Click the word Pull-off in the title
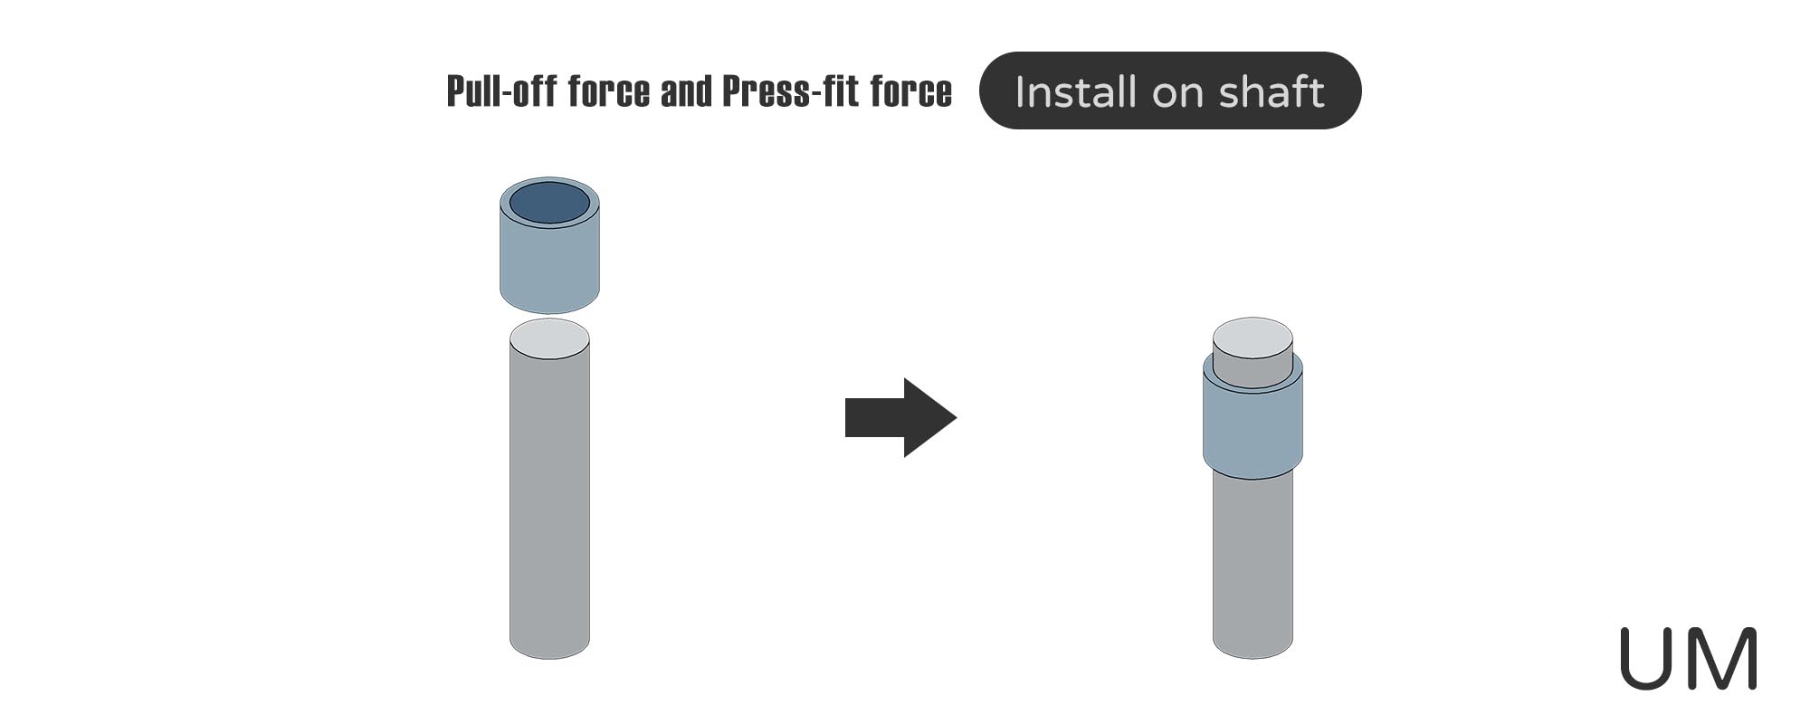tap(502, 91)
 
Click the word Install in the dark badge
tap(1076, 92)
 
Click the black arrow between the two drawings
tap(900, 417)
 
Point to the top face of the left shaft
tap(549, 339)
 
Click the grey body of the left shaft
tap(549, 498)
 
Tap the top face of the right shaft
tap(1253, 337)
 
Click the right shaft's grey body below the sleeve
tap(1253, 561)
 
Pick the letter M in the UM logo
tap(1722, 658)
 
